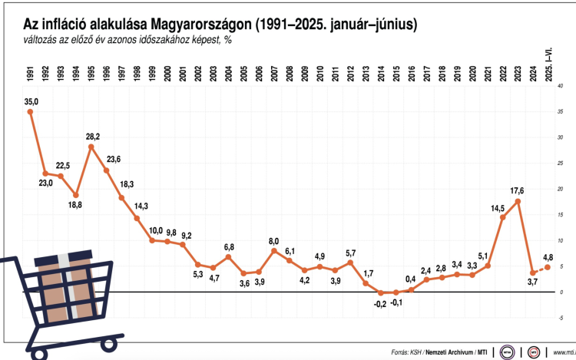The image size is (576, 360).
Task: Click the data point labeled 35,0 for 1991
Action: (30, 112)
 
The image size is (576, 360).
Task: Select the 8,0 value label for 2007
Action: (273, 240)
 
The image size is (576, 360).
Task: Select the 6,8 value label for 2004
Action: (228, 246)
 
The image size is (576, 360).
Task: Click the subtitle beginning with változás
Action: (118, 41)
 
